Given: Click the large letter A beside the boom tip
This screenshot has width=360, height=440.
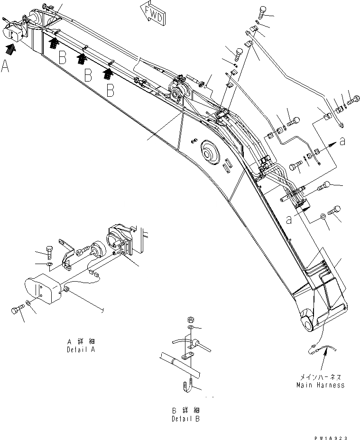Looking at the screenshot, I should pyautogui.click(x=5, y=67).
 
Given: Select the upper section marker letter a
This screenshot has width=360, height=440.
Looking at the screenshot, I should pyautogui.click(x=342, y=141).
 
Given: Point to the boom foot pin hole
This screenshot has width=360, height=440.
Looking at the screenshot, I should pyautogui.click(x=308, y=324).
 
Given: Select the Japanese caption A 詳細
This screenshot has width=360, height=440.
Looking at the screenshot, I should pyautogui.click(x=82, y=341).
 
